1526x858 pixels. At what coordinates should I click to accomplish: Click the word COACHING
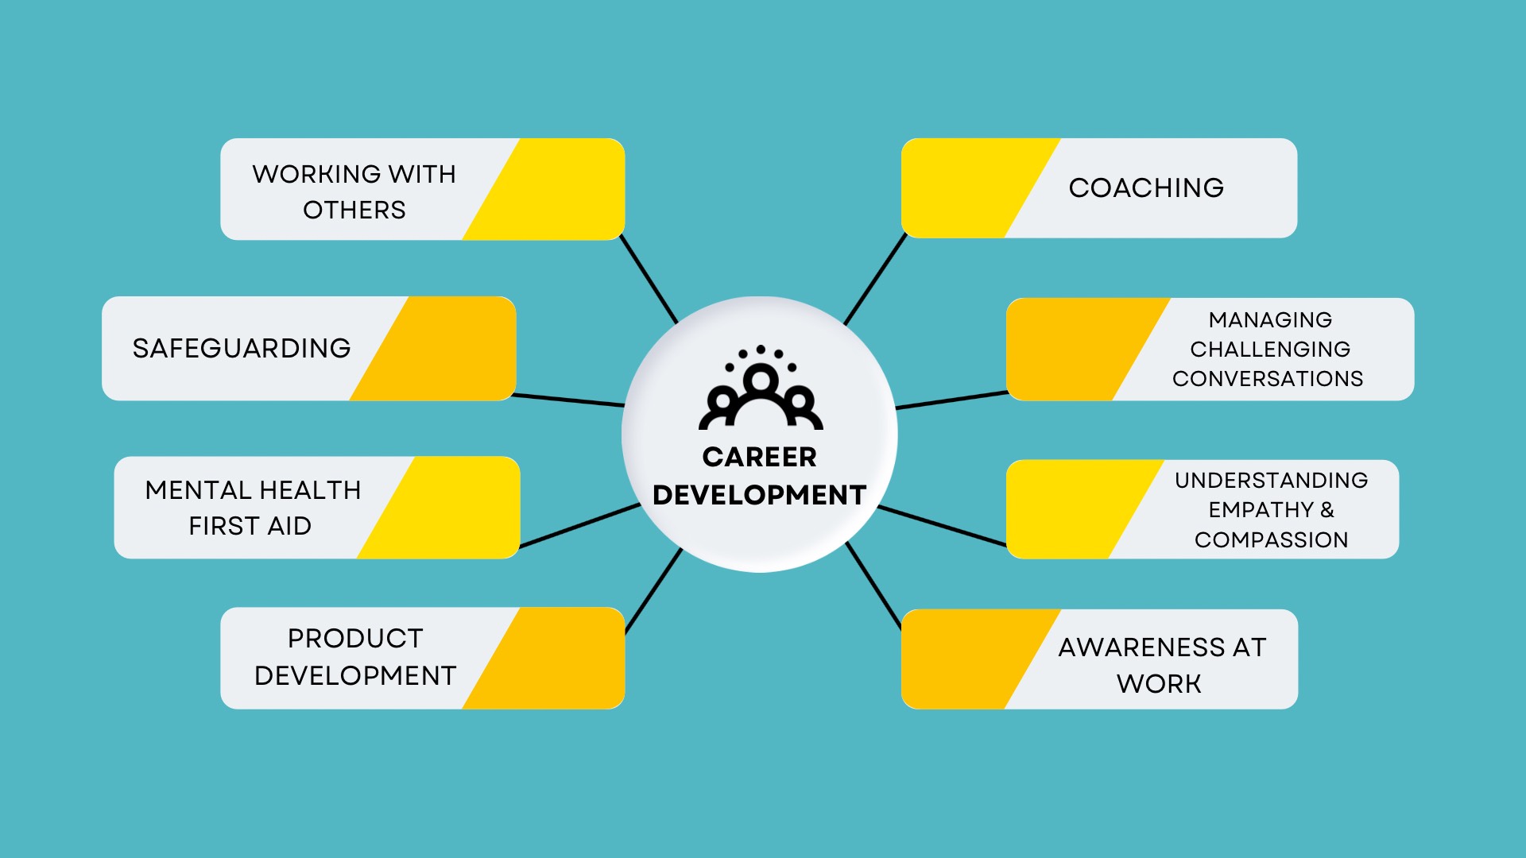tap(1145, 187)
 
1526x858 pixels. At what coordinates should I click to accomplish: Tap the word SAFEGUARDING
tap(242, 348)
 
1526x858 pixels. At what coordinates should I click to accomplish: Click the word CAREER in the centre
tap(759, 457)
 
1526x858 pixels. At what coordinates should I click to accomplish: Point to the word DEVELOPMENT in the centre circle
tap(759, 495)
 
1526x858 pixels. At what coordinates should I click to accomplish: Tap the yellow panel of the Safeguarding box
tap(445, 348)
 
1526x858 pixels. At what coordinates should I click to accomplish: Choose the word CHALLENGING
tap(1270, 349)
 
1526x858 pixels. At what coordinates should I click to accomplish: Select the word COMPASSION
tap(1271, 539)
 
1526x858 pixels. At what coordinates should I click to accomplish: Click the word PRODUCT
tap(355, 638)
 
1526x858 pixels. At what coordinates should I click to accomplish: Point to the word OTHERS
tap(354, 210)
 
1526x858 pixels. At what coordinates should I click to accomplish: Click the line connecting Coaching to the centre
tap(875, 279)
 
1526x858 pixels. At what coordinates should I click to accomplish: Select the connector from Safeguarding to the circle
tap(568, 400)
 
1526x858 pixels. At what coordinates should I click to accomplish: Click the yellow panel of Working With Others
tap(556, 189)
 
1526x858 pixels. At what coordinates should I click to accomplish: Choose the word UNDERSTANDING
tap(1271, 480)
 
